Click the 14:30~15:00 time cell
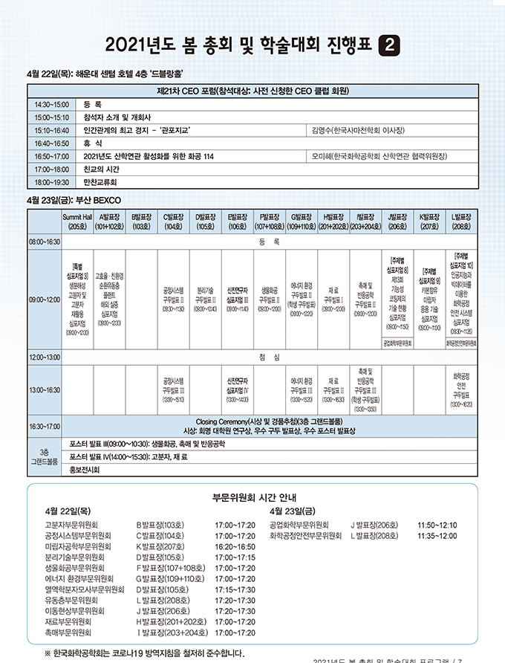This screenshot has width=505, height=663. tap(51, 105)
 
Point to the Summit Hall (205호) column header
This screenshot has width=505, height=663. tap(77, 221)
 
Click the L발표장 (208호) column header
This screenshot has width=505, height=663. tap(460, 221)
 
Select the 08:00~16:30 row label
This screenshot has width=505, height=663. tap(45, 242)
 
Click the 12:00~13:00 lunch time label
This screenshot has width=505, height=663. tap(45, 357)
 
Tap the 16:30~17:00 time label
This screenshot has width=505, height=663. tap(45, 426)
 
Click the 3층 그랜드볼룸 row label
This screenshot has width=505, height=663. tap(45, 456)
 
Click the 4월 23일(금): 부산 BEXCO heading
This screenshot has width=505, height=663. tap(68, 200)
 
